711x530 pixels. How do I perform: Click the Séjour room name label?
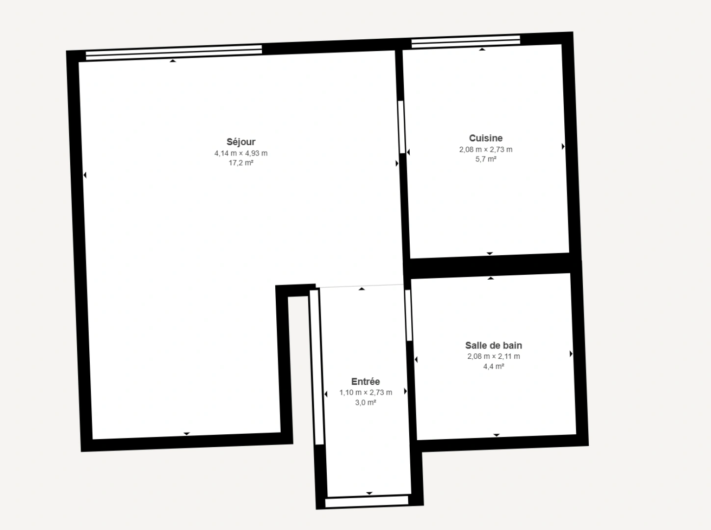click(x=241, y=142)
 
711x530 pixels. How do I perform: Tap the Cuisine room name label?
click(x=486, y=138)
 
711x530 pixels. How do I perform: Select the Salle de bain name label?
click(x=494, y=345)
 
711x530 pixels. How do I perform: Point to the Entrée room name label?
click(x=366, y=382)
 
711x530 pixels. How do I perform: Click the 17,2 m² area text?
click(x=241, y=163)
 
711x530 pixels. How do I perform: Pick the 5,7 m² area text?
click(x=486, y=159)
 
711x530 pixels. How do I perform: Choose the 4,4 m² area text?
click(x=494, y=366)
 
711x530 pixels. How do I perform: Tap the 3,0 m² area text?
click(x=366, y=402)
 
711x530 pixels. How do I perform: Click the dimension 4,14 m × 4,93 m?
click(x=241, y=153)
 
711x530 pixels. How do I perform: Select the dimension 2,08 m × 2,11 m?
click(x=494, y=356)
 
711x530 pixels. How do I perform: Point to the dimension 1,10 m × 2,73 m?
click(x=366, y=393)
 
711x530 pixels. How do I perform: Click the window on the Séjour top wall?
click(x=174, y=53)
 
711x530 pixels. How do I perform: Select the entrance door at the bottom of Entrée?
click(x=367, y=501)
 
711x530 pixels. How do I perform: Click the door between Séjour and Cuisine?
click(x=401, y=127)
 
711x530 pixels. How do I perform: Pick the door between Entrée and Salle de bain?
click(x=408, y=315)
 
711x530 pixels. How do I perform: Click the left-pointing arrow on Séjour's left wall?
click(x=85, y=175)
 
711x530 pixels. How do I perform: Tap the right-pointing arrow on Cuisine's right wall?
click(x=563, y=146)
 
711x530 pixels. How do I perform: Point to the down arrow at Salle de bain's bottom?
click(x=497, y=435)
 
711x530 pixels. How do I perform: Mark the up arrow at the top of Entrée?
click(x=362, y=289)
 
